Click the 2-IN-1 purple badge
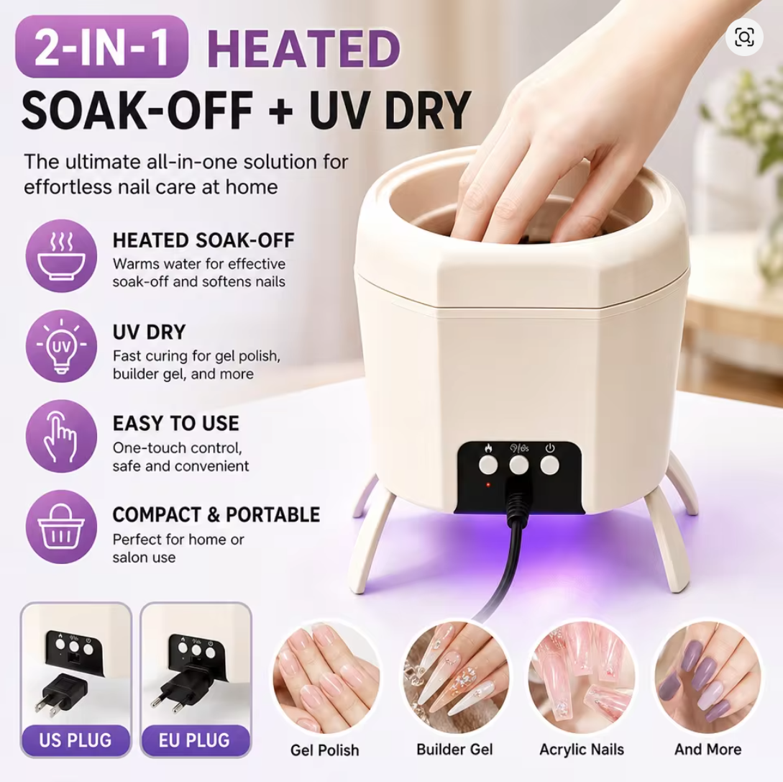(102, 47)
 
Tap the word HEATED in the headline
(303, 48)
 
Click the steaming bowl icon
(61, 255)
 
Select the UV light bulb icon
(61, 346)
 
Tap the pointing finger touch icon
(61, 437)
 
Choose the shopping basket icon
(61, 527)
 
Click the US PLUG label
(75, 740)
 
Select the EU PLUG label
(195, 740)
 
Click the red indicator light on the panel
(488, 485)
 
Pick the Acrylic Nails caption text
(582, 750)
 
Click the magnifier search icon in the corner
(744, 37)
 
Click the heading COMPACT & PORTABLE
(216, 514)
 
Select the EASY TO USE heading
(175, 424)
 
